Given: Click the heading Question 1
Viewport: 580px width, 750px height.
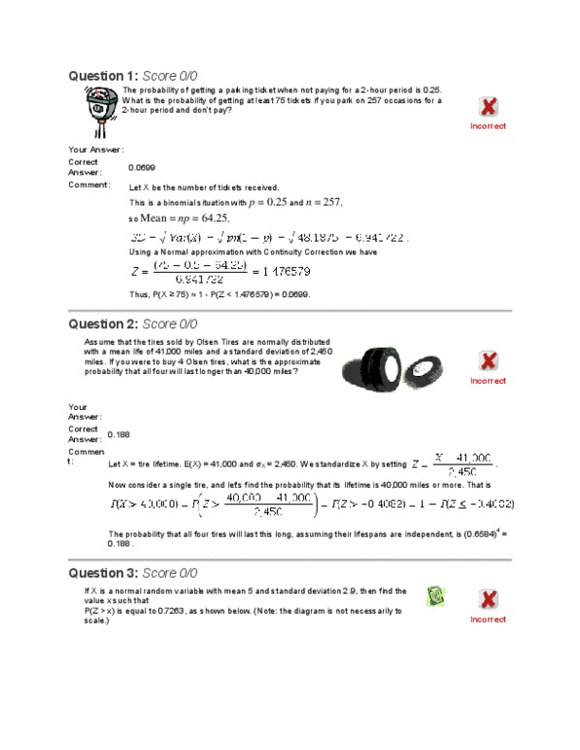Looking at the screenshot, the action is [x=102, y=76].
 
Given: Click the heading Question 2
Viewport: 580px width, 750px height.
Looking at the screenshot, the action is [x=102, y=323].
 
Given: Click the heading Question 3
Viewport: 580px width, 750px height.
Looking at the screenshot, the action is [x=102, y=573].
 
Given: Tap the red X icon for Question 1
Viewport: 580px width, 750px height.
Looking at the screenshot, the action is [x=488, y=107].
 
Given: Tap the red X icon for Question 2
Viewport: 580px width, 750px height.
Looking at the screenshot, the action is [x=488, y=361].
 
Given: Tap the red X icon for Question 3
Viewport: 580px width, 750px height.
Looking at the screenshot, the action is [x=488, y=600].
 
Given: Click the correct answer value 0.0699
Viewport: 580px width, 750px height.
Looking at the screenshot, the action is [x=142, y=168].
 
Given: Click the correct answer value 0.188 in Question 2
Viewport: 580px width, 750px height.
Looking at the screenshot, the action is [x=118, y=434].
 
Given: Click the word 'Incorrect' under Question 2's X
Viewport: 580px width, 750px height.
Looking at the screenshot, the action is [x=488, y=381].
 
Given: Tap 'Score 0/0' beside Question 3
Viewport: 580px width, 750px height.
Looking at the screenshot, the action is [x=170, y=573].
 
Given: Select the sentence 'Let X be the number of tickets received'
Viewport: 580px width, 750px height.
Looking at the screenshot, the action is [x=204, y=187].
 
